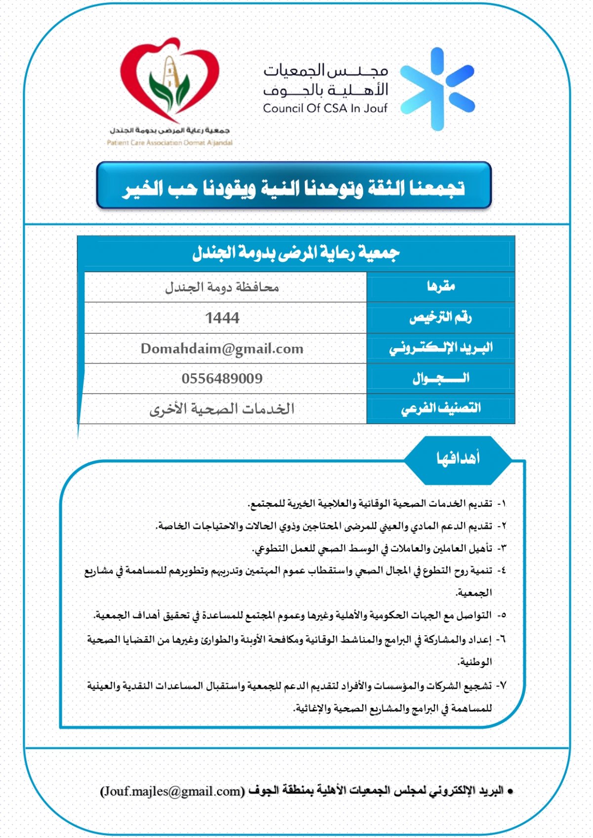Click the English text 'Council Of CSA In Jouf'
click(x=325, y=108)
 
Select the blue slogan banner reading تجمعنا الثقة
click(x=294, y=187)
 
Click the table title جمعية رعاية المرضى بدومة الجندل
click(x=296, y=253)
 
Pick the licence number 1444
click(x=222, y=318)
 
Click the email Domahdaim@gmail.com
click(x=222, y=349)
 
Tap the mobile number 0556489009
click(x=222, y=379)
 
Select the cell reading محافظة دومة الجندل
click(x=222, y=287)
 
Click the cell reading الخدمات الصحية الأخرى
click(x=222, y=409)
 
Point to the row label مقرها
click(x=441, y=286)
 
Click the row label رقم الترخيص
click(x=440, y=318)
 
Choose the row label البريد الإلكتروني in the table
click(x=441, y=348)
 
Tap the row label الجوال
click(x=441, y=379)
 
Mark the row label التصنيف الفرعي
click(x=441, y=408)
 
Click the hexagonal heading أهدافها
click(x=458, y=459)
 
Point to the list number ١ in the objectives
click(x=502, y=504)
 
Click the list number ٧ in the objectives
click(x=502, y=685)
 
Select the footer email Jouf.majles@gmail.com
click(x=172, y=791)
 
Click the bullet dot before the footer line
click(x=510, y=792)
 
